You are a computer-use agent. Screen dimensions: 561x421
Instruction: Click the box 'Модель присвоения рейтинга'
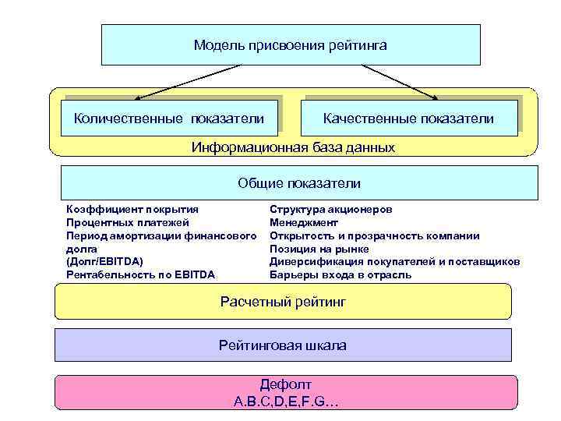point(290,45)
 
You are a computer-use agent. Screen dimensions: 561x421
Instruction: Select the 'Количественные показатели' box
point(169,119)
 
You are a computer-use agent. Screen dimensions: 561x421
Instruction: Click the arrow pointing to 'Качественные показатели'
point(397,82)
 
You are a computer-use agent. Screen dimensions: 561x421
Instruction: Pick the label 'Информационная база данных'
point(293,147)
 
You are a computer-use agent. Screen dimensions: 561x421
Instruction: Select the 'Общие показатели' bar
point(299,183)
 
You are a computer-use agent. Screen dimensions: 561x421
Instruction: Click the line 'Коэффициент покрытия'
point(132,210)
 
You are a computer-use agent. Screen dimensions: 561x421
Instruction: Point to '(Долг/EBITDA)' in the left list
point(105,262)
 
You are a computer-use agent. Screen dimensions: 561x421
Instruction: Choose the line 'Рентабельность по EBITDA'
point(141,275)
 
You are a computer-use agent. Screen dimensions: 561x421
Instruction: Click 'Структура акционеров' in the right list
point(331,210)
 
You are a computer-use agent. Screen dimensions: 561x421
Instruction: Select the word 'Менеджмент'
point(303,223)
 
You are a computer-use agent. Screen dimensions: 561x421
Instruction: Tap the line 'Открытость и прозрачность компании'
point(374,236)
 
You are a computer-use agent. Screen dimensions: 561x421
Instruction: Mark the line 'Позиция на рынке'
point(319,249)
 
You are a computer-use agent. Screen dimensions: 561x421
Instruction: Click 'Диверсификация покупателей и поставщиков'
point(394,262)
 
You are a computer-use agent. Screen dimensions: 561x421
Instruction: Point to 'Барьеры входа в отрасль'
point(340,275)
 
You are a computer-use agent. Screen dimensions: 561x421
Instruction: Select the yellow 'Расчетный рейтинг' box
point(283,301)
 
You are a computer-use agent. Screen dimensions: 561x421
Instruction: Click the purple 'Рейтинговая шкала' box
point(283,345)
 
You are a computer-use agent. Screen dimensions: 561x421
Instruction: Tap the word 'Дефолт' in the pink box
point(285,385)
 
